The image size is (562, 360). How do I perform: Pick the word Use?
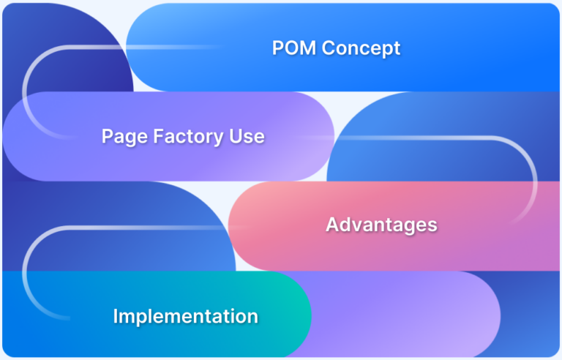pos(247,136)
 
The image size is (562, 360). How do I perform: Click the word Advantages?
pos(381,225)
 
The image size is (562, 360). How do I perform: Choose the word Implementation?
pos(185,316)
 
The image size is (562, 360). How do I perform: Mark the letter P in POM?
pos(278,48)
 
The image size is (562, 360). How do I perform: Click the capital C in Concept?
pos(328,48)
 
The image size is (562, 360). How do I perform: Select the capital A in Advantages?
pos(331,225)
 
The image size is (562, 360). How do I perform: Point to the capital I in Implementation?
pos(116,316)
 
